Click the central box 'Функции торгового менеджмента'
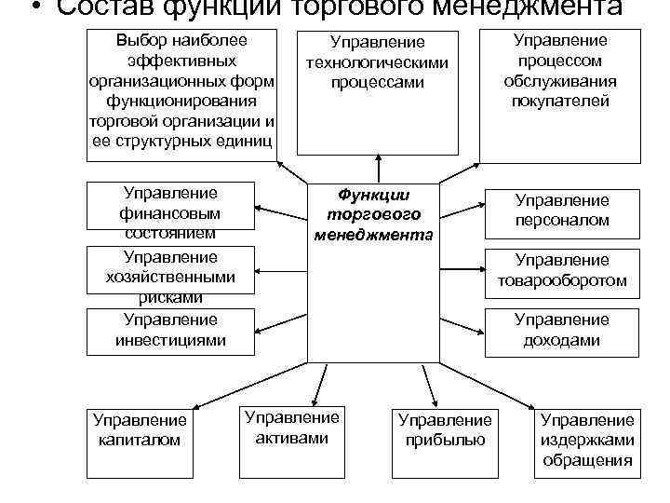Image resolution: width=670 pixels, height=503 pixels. click(x=372, y=270)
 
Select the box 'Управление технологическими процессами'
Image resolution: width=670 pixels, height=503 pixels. click(x=378, y=92)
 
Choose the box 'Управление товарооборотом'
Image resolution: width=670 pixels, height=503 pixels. click(x=562, y=270)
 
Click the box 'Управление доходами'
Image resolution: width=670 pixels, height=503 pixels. click(x=562, y=330)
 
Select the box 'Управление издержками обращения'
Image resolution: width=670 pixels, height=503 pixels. click(x=587, y=441)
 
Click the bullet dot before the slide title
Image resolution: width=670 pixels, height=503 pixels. click(x=34, y=8)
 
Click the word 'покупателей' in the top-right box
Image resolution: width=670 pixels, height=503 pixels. click(x=560, y=102)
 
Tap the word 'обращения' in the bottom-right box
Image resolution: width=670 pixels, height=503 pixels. click(x=587, y=460)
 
